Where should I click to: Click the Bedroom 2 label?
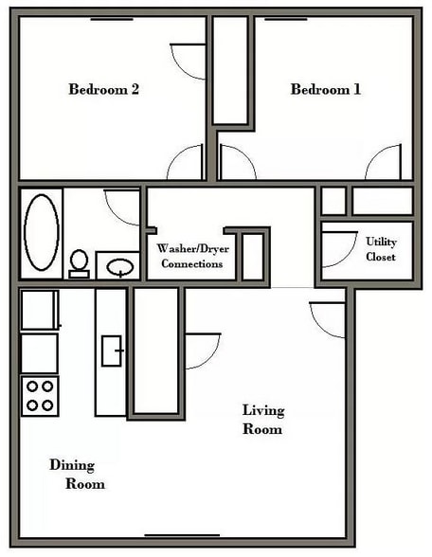click(104, 90)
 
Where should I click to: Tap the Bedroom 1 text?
click(325, 90)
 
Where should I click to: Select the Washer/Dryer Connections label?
click(192, 256)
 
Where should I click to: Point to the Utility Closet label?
click(381, 249)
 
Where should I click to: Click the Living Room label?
click(262, 419)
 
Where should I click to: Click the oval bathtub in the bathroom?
click(42, 233)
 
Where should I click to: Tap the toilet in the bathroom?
click(80, 262)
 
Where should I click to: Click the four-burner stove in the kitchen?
click(40, 396)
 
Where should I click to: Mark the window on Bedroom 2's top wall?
click(111, 18)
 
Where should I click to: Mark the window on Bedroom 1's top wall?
click(285, 18)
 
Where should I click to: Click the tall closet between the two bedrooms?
click(230, 70)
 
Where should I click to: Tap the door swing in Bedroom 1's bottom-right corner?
click(385, 163)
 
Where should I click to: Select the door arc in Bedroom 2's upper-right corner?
click(188, 62)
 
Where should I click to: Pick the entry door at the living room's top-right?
click(328, 319)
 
